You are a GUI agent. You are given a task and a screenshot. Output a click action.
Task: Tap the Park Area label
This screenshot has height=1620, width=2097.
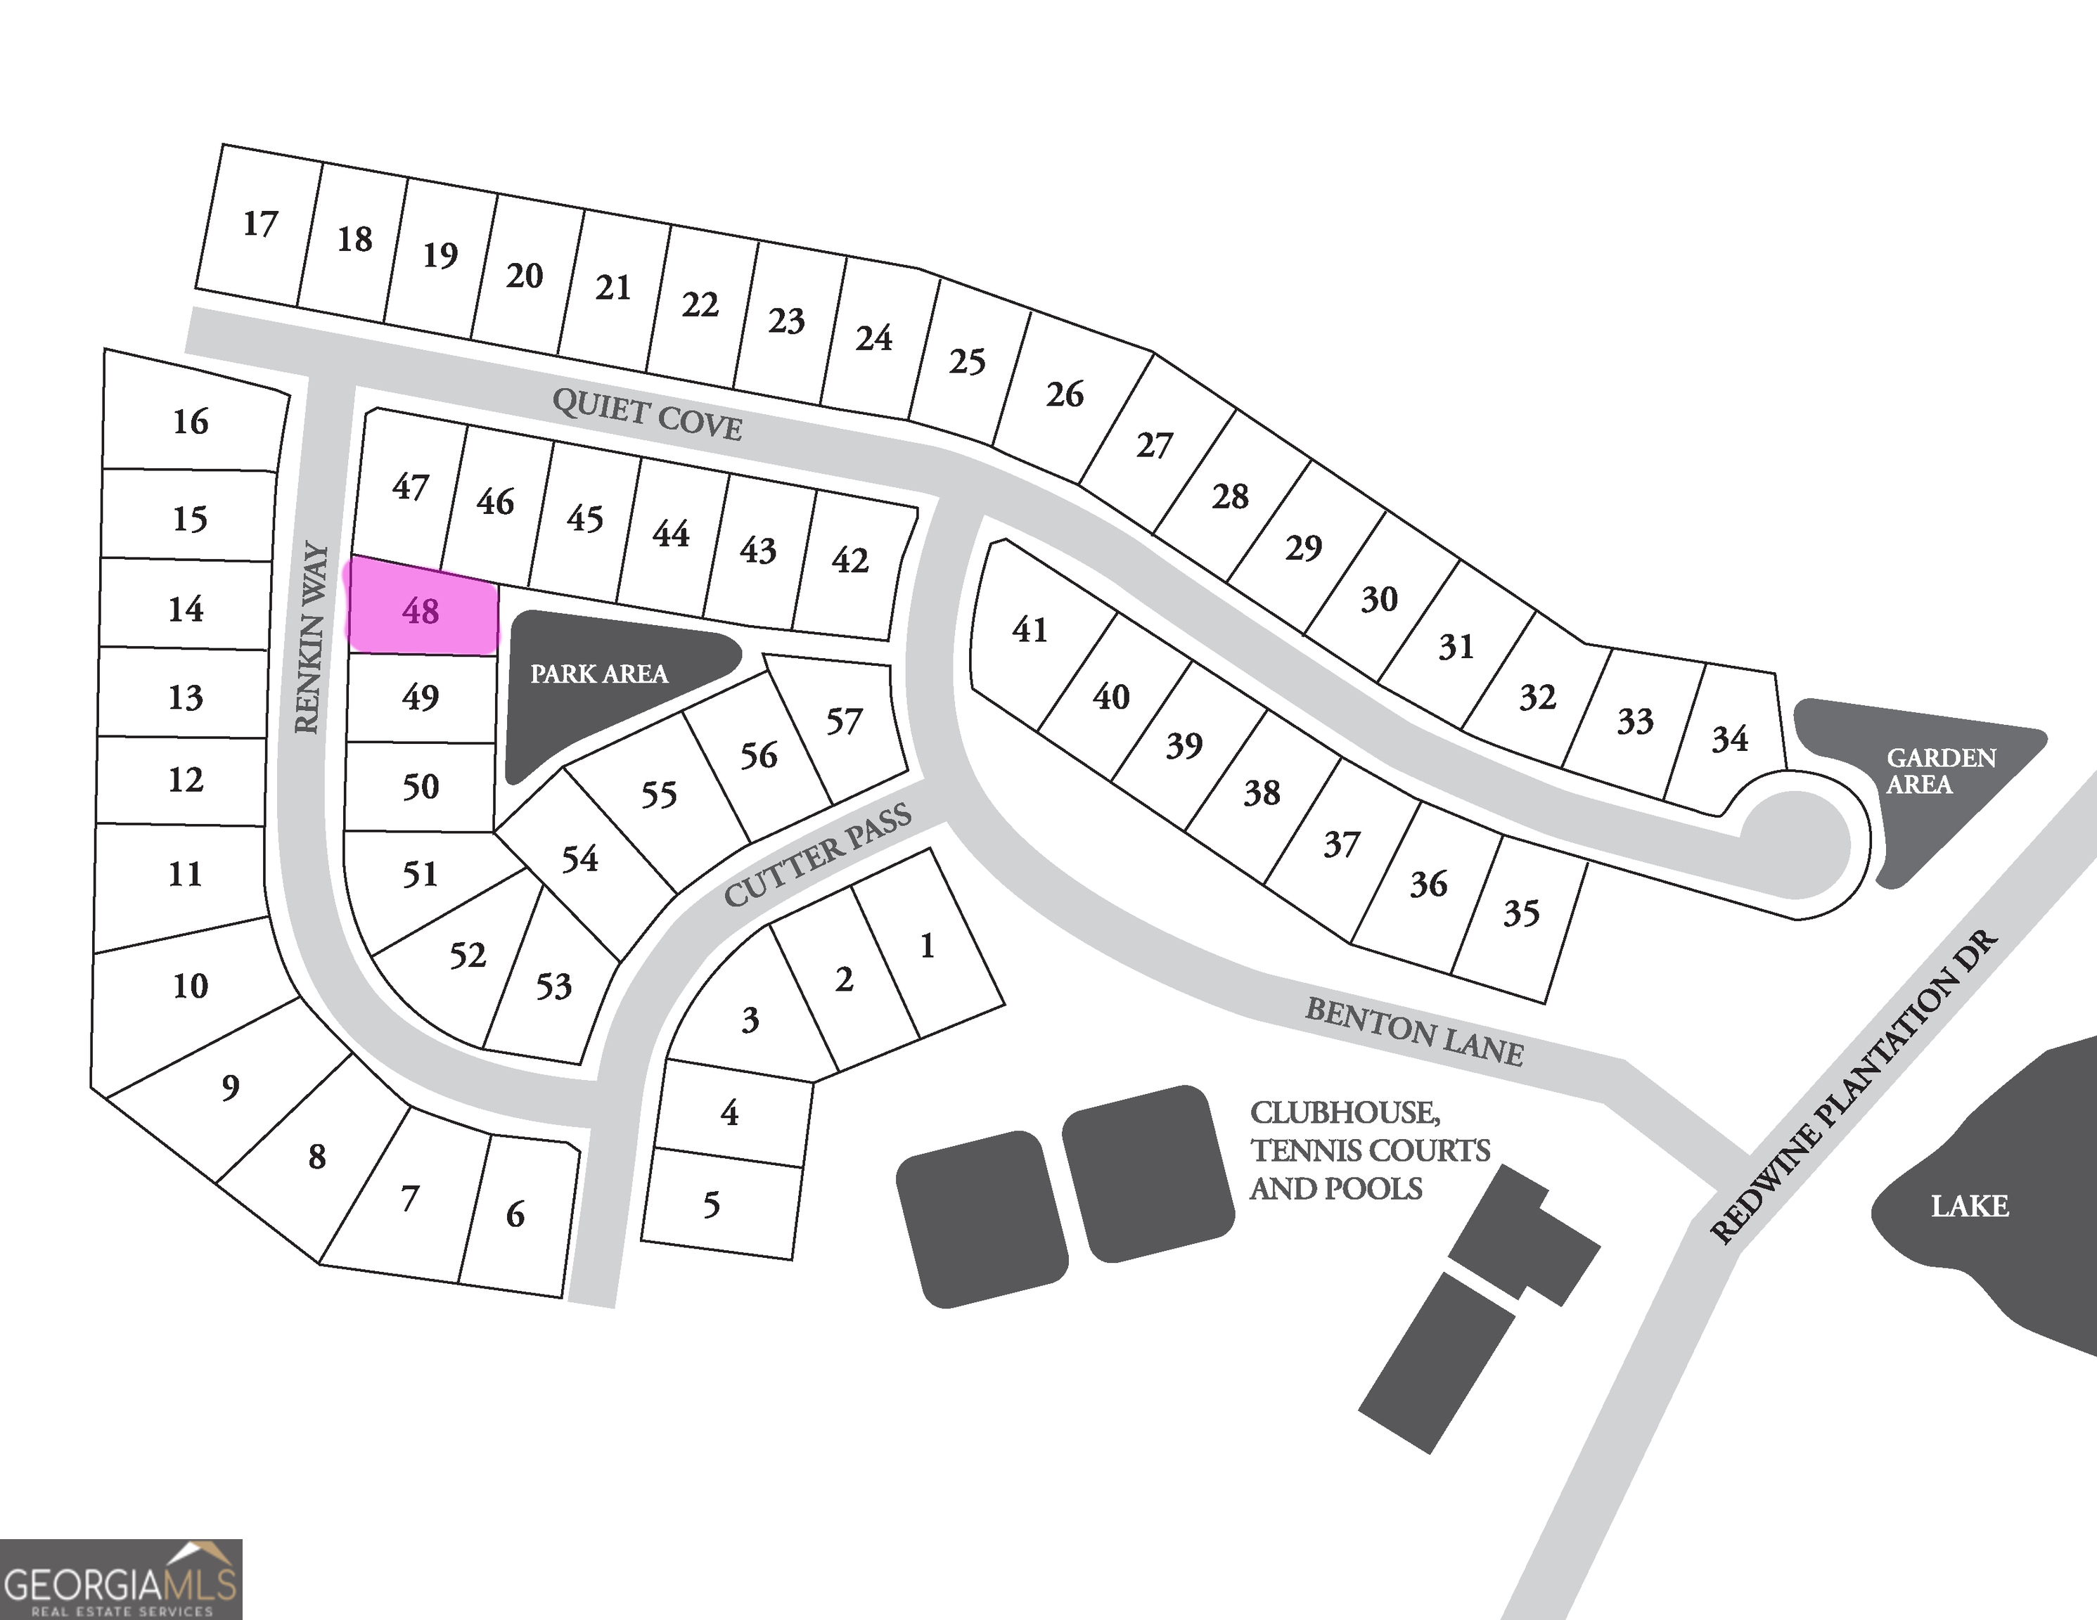pyautogui.click(x=599, y=674)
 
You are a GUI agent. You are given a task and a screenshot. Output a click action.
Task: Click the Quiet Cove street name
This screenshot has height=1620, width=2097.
pyautogui.click(x=647, y=415)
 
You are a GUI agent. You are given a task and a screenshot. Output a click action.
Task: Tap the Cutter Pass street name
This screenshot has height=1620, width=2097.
pyautogui.click(x=817, y=856)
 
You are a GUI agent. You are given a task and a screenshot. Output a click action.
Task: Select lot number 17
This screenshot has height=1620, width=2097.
pyautogui.click(x=260, y=224)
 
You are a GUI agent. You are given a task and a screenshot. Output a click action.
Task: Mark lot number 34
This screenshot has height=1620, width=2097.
pyautogui.click(x=1730, y=738)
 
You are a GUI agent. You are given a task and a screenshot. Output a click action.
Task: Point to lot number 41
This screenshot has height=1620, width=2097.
pyautogui.click(x=1030, y=630)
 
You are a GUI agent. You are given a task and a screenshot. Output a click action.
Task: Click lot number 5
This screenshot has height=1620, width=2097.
pyautogui.click(x=712, y=1204)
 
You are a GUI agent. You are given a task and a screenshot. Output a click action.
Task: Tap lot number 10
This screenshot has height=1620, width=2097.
pyautogui.click(x=190, y=985)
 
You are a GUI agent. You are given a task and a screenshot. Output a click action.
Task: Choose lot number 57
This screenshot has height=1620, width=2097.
pyautogui.click(x=844, y=721)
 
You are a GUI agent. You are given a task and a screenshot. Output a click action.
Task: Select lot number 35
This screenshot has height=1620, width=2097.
pyautogui.click(x=1521, y=912)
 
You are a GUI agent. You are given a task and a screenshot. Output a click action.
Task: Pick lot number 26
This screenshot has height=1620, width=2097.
pyautogui.click(x=1065, y=394)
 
